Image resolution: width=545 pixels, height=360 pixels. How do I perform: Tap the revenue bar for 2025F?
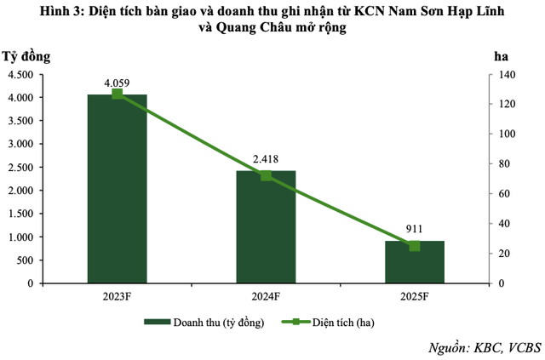click(x=415, y=264)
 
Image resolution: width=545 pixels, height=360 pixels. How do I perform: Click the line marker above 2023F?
click(x=118, y=94)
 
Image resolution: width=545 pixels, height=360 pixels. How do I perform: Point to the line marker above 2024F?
click(x=266, y=175)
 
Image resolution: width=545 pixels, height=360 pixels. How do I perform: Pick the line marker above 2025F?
click(x=415, y=246)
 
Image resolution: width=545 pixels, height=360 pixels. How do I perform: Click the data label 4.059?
click(x=117, y=83)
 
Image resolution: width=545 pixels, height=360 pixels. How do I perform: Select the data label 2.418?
click(x=265, y=158)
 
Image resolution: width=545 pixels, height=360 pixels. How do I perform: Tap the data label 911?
click(x=415, y=229)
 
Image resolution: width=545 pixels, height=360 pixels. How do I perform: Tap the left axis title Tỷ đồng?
click(x=26, y=57)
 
